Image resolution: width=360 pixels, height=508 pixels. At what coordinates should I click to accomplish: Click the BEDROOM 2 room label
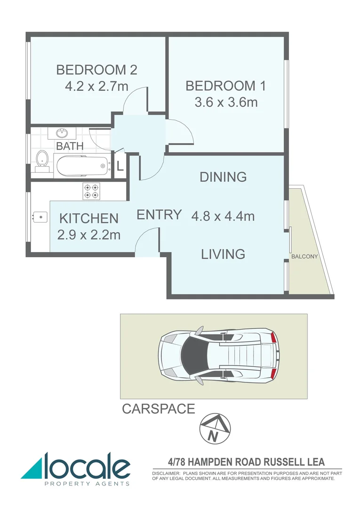[96, 70]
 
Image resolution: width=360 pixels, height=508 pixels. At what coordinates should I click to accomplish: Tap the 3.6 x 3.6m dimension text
[226, 102]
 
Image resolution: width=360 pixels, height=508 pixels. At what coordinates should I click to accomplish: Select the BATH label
[70, 146]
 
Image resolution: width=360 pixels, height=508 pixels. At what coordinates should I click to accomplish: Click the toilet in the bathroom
[42, 161]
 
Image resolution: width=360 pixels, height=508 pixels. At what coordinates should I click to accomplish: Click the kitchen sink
[40, 217]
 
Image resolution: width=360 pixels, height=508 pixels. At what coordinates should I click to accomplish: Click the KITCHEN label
[88, 218]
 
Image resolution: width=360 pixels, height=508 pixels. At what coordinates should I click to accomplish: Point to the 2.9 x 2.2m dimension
[88, 234]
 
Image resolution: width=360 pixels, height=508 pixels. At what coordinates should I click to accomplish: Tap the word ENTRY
[159, 214]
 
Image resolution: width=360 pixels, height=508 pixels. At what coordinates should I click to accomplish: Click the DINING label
[223, 177]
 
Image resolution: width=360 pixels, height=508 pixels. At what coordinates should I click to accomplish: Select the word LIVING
[223, 254]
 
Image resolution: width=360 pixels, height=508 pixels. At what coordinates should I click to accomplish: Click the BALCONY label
[304, 257]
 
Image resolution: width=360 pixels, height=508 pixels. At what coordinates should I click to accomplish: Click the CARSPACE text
[158, 409]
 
